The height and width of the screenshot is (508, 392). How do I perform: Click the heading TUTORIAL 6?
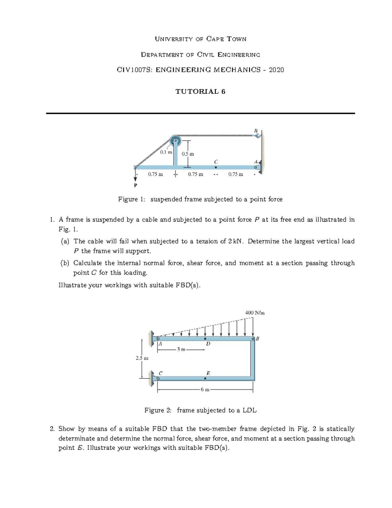tap(200, 92)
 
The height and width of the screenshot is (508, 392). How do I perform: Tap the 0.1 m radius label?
tap(166, 152)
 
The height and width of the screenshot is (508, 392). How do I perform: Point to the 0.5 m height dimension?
tap(188, 154)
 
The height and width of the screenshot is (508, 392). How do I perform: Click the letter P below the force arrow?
tap(135, 185)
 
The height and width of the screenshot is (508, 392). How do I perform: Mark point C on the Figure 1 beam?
tap(216, 167)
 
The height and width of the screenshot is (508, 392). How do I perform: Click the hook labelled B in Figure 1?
tap(257, 135)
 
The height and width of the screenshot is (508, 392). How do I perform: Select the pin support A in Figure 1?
tap(256, 167)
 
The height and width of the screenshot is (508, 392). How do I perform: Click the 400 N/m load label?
tap(255, 313)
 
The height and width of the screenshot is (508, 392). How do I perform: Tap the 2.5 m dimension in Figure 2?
tap(142, 358)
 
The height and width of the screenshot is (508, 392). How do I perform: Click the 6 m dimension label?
tap(205, 390)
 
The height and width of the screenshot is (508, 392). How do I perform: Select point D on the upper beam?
tap(205, 339)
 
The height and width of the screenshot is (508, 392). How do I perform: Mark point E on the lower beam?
tap(205, 378)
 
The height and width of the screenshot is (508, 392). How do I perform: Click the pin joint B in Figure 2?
tap(253, 339)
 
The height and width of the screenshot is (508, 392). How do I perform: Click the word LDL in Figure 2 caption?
tap(250, 410)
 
